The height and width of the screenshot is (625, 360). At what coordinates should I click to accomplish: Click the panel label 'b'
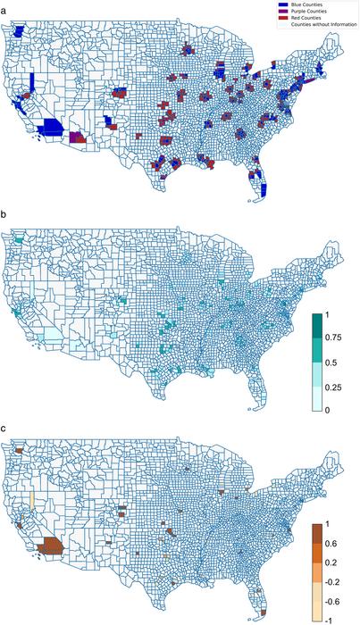pos(4,216)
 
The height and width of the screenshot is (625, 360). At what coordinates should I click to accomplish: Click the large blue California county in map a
pos(52,129)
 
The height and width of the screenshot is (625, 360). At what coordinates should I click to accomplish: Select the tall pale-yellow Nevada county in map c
pos(31,498)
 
